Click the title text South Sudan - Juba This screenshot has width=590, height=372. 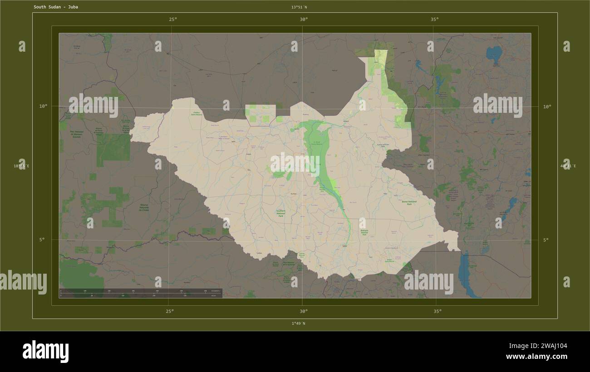tap(56, 7)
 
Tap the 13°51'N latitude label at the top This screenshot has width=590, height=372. tap(299, 7)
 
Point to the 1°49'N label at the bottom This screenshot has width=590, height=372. tap(298, 324)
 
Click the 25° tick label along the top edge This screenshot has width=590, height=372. tap(173, 19)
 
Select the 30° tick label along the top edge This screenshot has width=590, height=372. tap(304, 19)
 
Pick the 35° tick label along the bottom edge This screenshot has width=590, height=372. tap(437, 311)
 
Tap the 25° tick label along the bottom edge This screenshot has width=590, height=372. tap(169, 311)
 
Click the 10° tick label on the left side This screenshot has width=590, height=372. tap(43, 106)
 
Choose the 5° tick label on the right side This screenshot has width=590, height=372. tap(546, 240)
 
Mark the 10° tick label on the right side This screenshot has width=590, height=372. tap(547, 107)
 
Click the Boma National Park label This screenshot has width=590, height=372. tap(409, 203)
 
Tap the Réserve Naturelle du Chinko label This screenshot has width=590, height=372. tap(144, 208)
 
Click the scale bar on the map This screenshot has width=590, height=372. tap(141, 293)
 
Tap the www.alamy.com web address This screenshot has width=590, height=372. tap(536, 357)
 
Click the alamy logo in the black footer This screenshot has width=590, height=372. tap(46, 352)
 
